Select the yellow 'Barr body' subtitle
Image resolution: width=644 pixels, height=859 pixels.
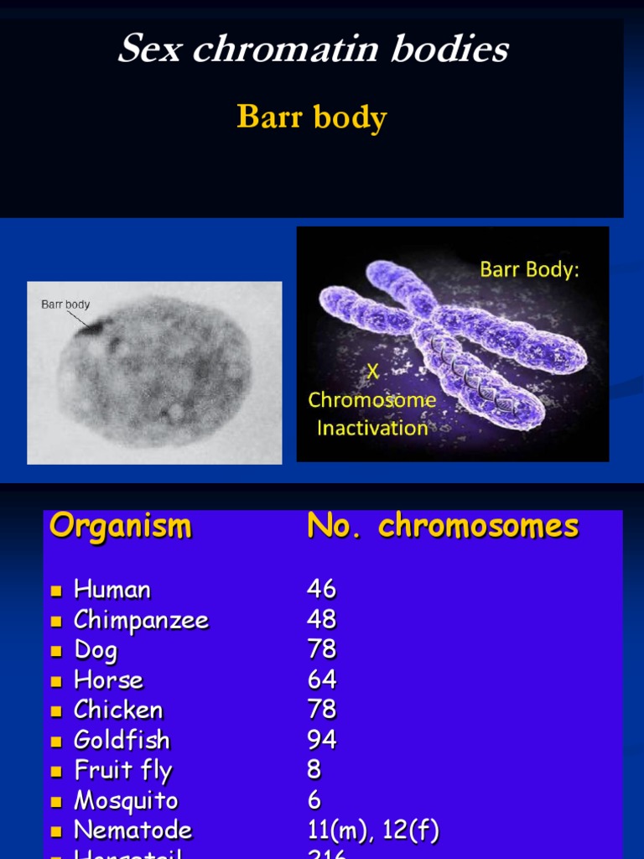click(x=311, y=117)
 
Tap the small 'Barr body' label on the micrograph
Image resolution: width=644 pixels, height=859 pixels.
click(x=65, y=305)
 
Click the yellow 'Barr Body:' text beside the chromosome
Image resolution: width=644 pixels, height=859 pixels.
click(x=529, y=270)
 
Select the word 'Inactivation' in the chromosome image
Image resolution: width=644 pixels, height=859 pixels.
click(x=372, y=428)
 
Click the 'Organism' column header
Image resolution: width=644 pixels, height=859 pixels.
click(x=121, y=527)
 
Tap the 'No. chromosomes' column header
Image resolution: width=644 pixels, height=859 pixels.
click(x=443, y=527)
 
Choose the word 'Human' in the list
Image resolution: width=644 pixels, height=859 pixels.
click(x=112, y=590)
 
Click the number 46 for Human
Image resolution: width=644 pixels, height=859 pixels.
click(x=321, y=589)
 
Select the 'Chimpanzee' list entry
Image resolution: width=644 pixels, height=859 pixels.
click(x=141, y=620)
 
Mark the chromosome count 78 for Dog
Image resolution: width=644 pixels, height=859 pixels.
click(x=321, y=649)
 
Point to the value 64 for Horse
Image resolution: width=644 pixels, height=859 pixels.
click(x=321, y=679)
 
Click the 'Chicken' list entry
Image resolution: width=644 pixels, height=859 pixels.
click(x=118, y=710)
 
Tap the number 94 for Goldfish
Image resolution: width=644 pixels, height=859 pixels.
click(x=321, y=740)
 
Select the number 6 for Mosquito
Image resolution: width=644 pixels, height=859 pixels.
click(x=314, y=800)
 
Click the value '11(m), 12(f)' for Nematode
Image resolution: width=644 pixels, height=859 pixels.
click(x=373, y=830)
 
